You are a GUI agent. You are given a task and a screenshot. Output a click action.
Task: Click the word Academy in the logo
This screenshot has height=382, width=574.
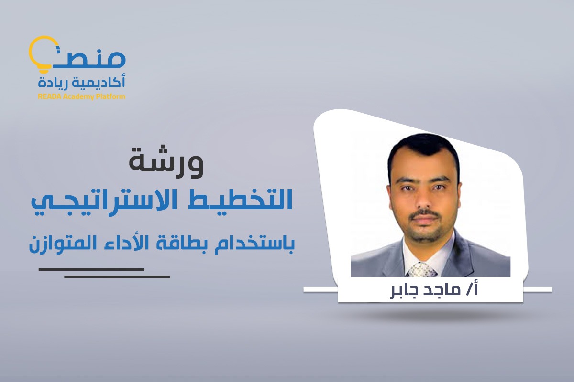tap(78, 96)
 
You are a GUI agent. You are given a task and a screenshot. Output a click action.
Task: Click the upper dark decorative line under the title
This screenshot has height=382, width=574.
tap(91, 269)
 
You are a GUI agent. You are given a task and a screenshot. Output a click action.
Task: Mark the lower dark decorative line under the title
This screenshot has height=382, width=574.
tap(117, 276)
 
